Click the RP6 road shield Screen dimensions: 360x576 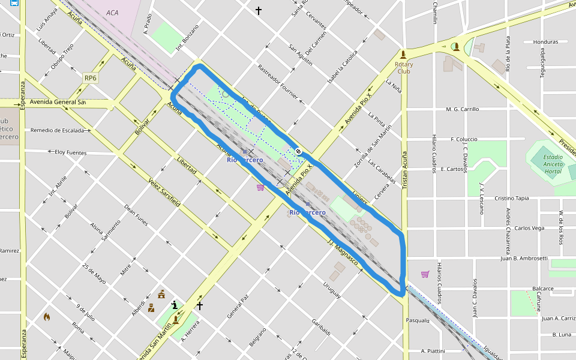point(91,78)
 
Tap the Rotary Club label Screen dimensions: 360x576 point(404,67)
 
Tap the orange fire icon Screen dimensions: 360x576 point(47,316)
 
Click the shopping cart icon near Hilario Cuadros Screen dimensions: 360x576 point(425,274)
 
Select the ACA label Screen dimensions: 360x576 point(112,13)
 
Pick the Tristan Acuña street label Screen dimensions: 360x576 point(404,170)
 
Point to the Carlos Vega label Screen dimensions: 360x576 point(529,228)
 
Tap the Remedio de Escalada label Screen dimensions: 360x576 point(57,130)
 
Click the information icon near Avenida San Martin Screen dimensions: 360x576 point(175,305)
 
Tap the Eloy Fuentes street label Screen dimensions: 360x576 point(70,153)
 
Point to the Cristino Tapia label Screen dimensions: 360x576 point(511,198)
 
